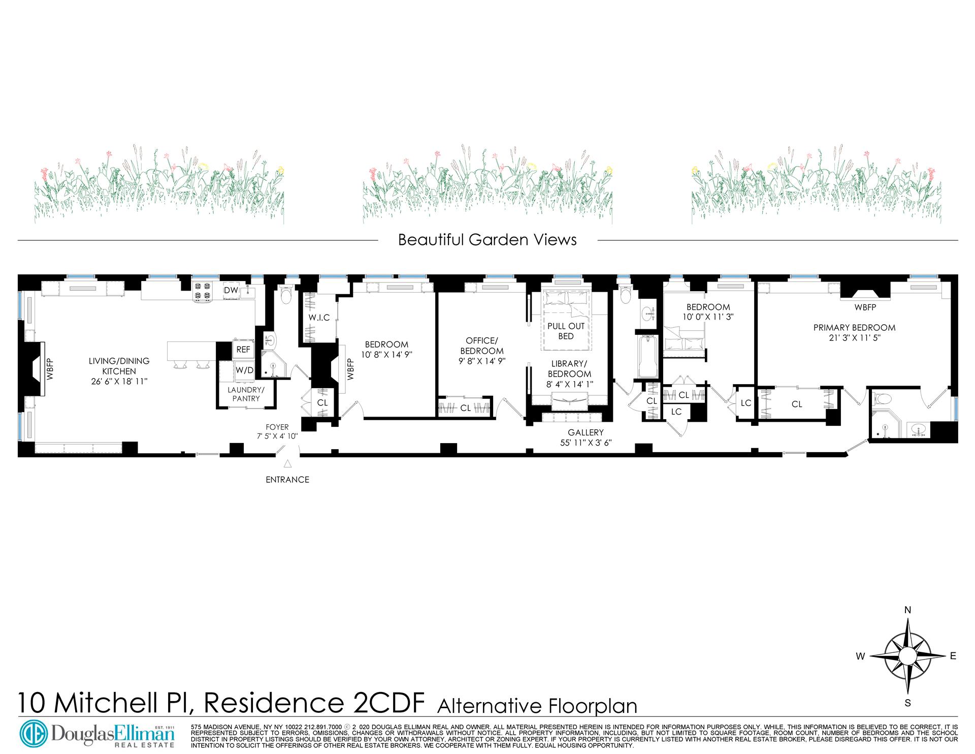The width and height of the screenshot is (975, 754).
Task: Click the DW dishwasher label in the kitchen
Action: tap(231, 290)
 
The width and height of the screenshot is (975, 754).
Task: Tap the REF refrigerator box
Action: tap(243, 350)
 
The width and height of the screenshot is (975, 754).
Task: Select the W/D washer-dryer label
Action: tap(244, 370)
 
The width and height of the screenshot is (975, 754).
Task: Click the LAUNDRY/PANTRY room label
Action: tap(246, 394)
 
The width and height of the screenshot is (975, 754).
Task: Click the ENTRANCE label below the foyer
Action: tap(287, 479)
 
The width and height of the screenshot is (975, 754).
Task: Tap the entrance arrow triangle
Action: tap(287, 463)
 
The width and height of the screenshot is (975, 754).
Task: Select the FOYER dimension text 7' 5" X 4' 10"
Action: tap(277, 435)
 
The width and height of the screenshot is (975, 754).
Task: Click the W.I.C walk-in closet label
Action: tap(319, 318)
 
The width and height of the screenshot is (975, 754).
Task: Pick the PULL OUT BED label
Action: tap(566, 331)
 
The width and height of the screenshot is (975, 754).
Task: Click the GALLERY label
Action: tap(586, 432)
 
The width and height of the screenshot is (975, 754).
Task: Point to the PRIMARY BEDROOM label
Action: tap(854, 328)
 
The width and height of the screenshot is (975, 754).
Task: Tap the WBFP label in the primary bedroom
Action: tap(865, 307)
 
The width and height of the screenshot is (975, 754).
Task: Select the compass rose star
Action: tap(907, 656)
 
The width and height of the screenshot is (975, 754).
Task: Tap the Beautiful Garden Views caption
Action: tap(487, 240)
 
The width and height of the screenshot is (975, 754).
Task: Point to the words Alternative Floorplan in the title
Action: tap(537, 706)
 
